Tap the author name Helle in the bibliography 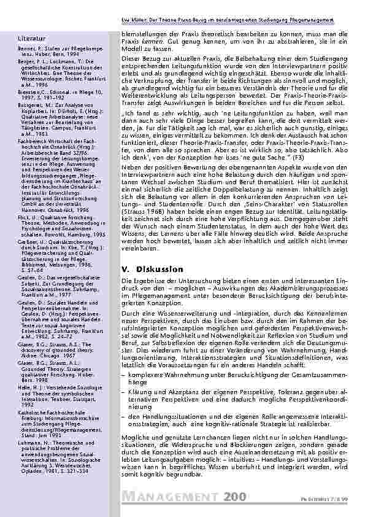25,387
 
